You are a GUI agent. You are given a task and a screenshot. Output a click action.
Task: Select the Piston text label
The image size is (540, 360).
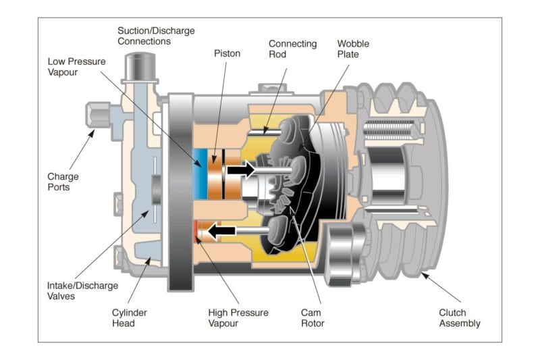[227, 53]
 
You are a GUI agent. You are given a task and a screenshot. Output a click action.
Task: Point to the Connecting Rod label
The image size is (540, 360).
[292, 49]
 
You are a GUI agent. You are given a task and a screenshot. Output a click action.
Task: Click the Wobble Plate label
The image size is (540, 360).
[353, 49]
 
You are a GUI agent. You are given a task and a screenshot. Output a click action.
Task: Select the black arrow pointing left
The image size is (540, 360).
[221, 232]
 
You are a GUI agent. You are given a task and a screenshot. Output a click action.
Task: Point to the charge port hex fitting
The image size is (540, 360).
[97, 115]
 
